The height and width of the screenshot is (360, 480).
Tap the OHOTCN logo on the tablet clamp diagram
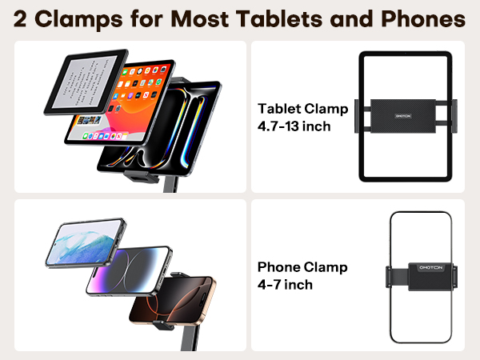407,114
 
